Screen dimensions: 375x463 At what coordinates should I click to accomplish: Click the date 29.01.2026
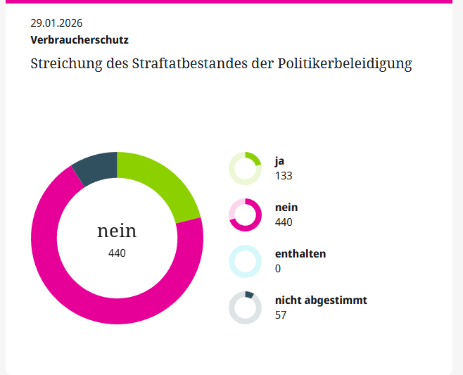(56, 24)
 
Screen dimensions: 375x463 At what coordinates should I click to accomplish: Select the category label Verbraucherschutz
(80, 40)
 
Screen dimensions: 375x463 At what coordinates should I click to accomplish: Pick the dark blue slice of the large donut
(95, 167)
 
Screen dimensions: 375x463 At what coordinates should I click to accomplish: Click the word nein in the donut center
(117, 231)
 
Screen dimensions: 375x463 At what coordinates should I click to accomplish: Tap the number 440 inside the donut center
(117, 253)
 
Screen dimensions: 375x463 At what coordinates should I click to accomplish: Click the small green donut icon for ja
(245, 169)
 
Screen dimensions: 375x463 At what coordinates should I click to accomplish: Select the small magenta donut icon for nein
(245, 215)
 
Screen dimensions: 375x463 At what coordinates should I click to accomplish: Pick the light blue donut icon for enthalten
(245, 261)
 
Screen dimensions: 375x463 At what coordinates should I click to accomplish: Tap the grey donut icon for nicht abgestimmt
(245, 307)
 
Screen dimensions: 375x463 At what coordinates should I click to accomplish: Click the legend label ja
(279, 161)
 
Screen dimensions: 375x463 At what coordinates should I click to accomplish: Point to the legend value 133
(284, 176)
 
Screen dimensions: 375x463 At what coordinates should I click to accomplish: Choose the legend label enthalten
(300, 254)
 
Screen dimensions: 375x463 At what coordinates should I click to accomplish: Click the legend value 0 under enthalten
(278, 269)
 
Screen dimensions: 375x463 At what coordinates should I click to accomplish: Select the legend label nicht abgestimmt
(321, 300)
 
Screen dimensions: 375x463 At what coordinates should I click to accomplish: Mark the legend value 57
(281, 315)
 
